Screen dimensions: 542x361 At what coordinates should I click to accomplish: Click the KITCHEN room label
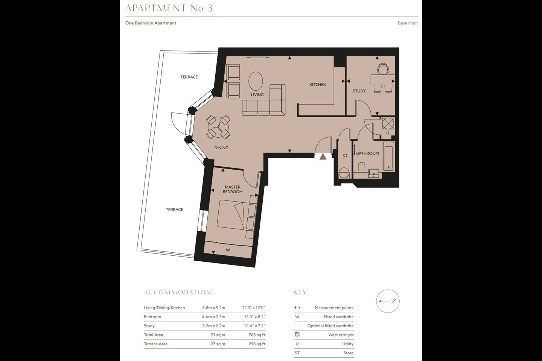[318, 85]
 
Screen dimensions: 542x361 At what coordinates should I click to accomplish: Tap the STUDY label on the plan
[359, 91]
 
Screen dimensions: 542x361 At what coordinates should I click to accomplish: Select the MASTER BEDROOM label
[233, 189]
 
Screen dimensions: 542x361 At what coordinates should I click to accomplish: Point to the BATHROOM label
[367, 153]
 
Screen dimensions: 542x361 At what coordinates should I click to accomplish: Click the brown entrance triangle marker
[323, 157]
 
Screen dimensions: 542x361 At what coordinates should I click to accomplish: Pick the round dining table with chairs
[218, 127]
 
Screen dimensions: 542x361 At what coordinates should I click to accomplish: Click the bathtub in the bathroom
[388, 156]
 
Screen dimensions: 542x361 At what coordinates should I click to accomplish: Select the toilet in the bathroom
[361, 167]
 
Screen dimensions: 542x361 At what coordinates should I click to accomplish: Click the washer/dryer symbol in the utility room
[388, 123]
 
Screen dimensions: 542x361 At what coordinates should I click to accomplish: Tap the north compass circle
[388, 301]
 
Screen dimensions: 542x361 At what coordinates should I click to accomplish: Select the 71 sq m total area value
[218, 335]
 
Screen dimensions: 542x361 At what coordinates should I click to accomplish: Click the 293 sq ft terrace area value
[257, 344]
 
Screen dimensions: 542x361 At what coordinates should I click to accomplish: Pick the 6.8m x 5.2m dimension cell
[214, 308]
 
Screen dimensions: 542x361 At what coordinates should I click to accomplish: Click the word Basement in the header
[408, 23]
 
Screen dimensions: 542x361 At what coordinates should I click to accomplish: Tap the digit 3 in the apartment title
[210, 8]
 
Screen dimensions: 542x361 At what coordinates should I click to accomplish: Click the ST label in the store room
[345, 156]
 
